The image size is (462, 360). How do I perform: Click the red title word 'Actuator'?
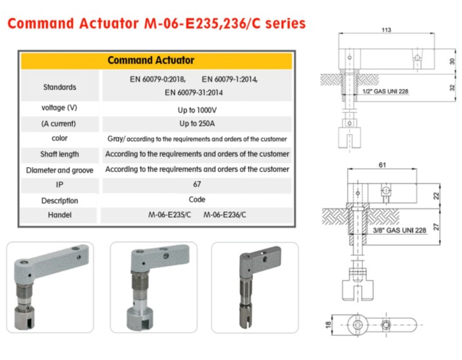coord(109,23)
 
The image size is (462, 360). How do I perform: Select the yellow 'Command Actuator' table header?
coord(157,60)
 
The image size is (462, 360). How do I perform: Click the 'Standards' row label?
coord(60,87)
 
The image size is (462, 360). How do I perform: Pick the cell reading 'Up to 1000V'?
coord(197,110)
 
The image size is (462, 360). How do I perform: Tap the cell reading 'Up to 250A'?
coord(197,123)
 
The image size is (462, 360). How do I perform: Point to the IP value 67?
coord(197,184)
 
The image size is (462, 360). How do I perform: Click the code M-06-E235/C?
coord(169,215)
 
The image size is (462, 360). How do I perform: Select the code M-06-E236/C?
coord(225,215)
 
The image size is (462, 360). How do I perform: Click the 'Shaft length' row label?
coord(60,154)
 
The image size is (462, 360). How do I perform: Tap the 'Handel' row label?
coord(60,215)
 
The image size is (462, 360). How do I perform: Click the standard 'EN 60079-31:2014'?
coord(194,93)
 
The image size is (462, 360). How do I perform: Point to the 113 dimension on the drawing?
coord(386,30)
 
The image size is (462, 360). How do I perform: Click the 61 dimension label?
coord(382,165)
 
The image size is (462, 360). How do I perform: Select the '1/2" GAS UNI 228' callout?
coord(385,91)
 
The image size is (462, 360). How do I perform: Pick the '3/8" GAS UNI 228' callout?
coord(399,230)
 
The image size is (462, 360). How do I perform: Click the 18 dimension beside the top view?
coord(328,325)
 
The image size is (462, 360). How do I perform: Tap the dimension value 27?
coord(436,227)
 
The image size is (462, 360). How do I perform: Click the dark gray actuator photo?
coord(255,287)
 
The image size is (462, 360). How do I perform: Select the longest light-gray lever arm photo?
coord(50,287)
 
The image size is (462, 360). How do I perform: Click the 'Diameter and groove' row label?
coord(60,170)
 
